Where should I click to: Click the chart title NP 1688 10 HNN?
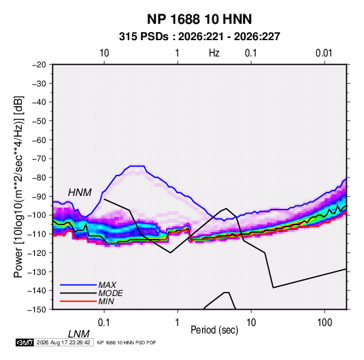pyautogui.click(x=199, y=19)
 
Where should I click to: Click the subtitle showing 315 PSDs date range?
pyautogui.click(x=199, y=37)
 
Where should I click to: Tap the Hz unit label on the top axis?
pyautogui.click(x=214, y=53)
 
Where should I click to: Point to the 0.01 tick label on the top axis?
pyautogui.click(x=324, y=53)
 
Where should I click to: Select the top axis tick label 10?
pyautogui.click(x=104, y=53)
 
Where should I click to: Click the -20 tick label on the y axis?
pyautogui.click(x=39, y=65)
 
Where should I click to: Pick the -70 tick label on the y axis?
pyautogui.click(x=39, y=159)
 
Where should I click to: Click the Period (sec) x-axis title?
pyautogui.click(x=214, y=330)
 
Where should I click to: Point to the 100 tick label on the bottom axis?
pyautogui.click(x=325, y=323)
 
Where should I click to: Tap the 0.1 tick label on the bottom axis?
pyautogui.click(x=103, y=323)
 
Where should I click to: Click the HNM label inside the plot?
pyautogui.click(x=80, y=193)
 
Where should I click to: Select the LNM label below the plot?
pyautogui.click(x=78, y=334)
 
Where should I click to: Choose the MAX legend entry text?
pyautogui.click(x=107, y=284)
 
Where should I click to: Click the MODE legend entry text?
pyautogui.click(x=110, y=293)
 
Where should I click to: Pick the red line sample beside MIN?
pyautogui.click(x=78, y=301)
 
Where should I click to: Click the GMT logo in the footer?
pyautogui.click(x=25, y=342)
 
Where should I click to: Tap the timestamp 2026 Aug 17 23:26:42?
pyautogui.click(x=63, y=342)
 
